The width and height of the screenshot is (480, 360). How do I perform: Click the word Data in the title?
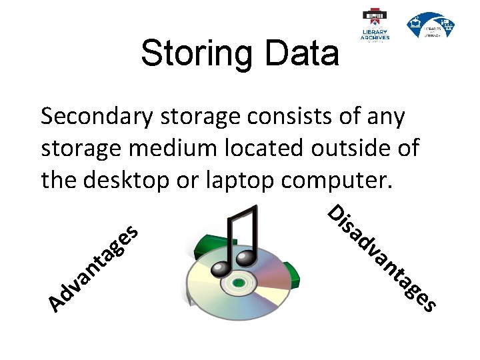pos(301,53)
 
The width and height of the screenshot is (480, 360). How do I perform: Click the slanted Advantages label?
pos(93,269)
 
